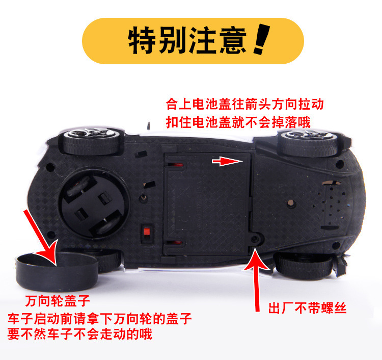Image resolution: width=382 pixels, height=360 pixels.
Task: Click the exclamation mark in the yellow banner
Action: point(262,39)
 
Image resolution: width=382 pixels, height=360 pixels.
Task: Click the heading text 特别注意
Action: point(187,40)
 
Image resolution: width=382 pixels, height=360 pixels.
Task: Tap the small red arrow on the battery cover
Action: point(227,161)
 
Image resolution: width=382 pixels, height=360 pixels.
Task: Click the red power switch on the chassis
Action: point(147,231)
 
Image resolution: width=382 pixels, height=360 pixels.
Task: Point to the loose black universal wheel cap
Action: point(57,271)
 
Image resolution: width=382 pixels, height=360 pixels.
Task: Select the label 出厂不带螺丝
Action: point(308,308)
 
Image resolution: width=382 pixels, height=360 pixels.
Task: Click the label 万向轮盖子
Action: point(58,301)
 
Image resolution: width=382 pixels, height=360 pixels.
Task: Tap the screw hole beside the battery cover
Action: point(255,239)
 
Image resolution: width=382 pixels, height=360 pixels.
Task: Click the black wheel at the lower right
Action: point(304,266)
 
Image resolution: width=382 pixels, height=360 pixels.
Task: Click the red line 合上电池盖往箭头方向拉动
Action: point(245,104)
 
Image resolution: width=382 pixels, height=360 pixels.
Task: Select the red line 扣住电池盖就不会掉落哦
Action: point(238,122)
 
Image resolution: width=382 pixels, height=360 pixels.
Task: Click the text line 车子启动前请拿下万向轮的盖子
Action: point(100,319)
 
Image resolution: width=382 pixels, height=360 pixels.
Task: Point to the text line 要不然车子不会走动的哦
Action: point(80,333)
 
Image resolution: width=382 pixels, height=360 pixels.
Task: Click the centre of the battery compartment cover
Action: point(208,204)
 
